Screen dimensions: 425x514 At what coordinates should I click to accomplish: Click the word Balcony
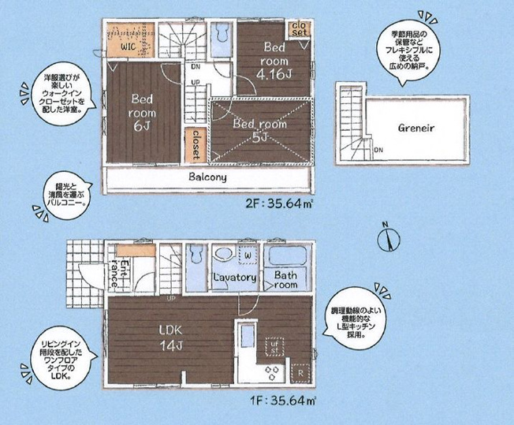[207, 177]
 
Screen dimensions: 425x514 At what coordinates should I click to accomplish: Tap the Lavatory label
[233, 278]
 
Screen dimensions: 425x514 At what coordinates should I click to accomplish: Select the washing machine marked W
[247, 255]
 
